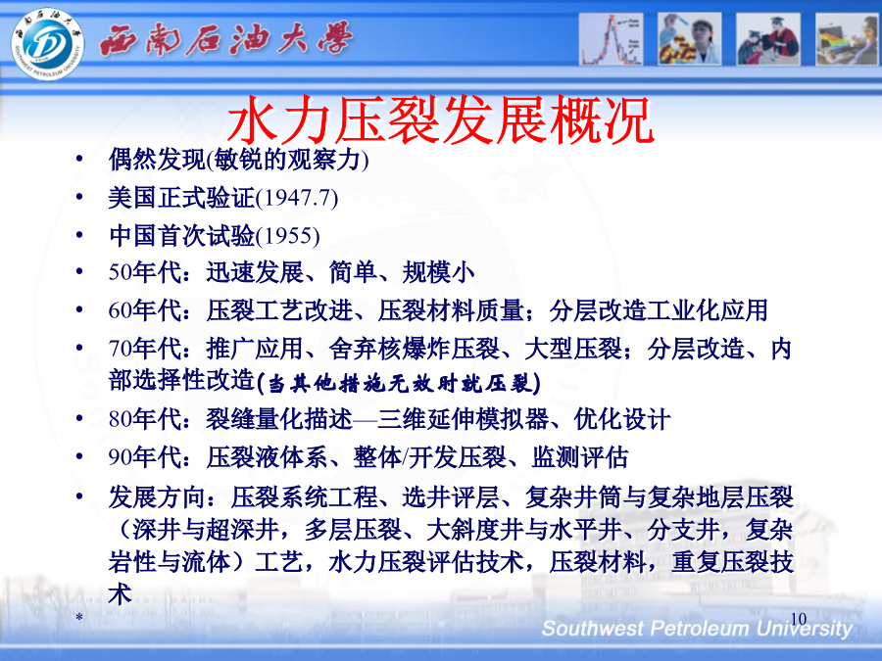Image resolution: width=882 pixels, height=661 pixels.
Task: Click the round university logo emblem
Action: click(47, 43)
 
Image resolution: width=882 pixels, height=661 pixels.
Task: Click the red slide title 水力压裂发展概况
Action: click(440, 120)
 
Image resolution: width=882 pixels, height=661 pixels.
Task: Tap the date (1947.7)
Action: click(297, 198)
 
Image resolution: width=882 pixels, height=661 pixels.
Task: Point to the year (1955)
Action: click(288, 235)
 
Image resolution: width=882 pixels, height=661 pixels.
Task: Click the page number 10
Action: click(798, 619)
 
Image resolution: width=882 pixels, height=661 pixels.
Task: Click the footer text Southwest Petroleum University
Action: click(697, 629)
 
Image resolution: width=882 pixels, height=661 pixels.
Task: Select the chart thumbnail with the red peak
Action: click(611, 39)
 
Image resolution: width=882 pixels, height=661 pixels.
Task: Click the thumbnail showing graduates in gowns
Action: click(768, 39)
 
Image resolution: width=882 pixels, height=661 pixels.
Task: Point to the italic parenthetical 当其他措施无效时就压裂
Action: click(399, 383)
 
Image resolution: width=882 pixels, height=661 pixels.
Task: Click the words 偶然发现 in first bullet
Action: click(158, 160)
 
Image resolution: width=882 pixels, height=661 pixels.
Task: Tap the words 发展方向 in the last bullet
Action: click(158, 497)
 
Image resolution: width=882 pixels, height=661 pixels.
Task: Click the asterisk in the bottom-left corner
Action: click(80, 618)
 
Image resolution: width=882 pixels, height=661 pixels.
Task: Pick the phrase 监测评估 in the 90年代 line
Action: click(580, 457)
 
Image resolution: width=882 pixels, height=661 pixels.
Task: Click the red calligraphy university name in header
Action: click(225, 39)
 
